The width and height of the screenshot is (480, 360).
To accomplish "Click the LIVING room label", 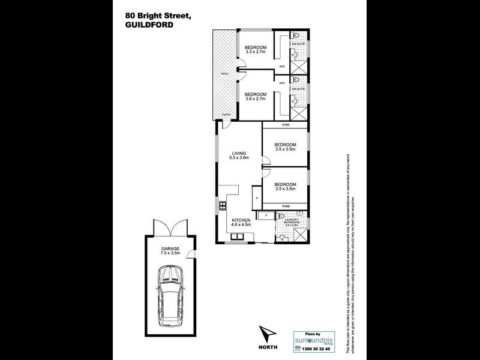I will pyautogui.click(x=239, y=153).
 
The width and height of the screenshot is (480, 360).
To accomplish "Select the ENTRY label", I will pyautogui.click(x=226, y=115).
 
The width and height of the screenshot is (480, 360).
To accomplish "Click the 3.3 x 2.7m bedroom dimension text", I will pyautogui.click(x=254, y=53).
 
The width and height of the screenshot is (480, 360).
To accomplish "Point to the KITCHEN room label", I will pyautogui.click(x=241, y=221).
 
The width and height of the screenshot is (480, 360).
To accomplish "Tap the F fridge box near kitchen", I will pyautogui.click(x=265, y=214).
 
